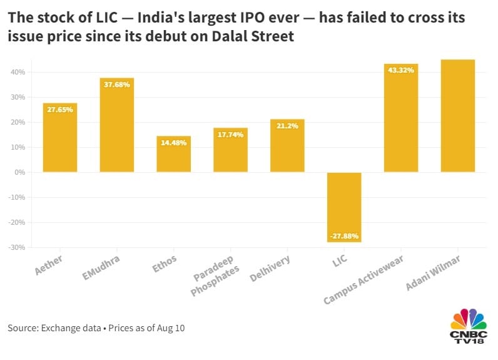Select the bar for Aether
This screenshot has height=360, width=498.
[x=60, y=138]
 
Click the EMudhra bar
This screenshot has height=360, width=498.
[x=116, y=125]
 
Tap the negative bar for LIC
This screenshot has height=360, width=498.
[x=344, y=207]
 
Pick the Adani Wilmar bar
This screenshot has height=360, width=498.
[x=458, y=116]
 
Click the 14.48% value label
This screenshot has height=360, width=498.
[x=173, y=141]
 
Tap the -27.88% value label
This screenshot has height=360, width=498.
[x=344, y=236]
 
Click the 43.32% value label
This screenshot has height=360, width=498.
[x=401, y=69]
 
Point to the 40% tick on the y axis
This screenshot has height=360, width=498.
[x=16, y=72]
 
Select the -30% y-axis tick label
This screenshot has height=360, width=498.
[x=15, y=247]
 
